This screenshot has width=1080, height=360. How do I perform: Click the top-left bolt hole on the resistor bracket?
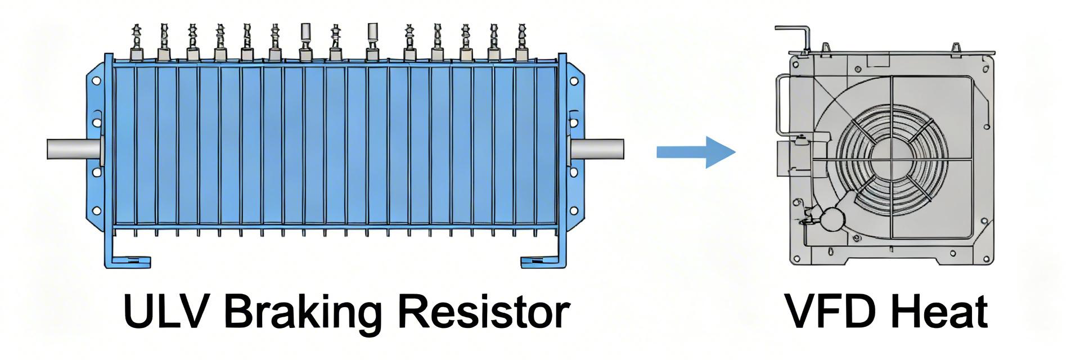coord(96,81)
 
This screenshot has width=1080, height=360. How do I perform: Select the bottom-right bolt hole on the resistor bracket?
coord(574,210)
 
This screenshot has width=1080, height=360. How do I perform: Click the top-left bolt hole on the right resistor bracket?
coord(574,81)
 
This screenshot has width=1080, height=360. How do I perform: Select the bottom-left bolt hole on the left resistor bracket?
coord(96,210)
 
